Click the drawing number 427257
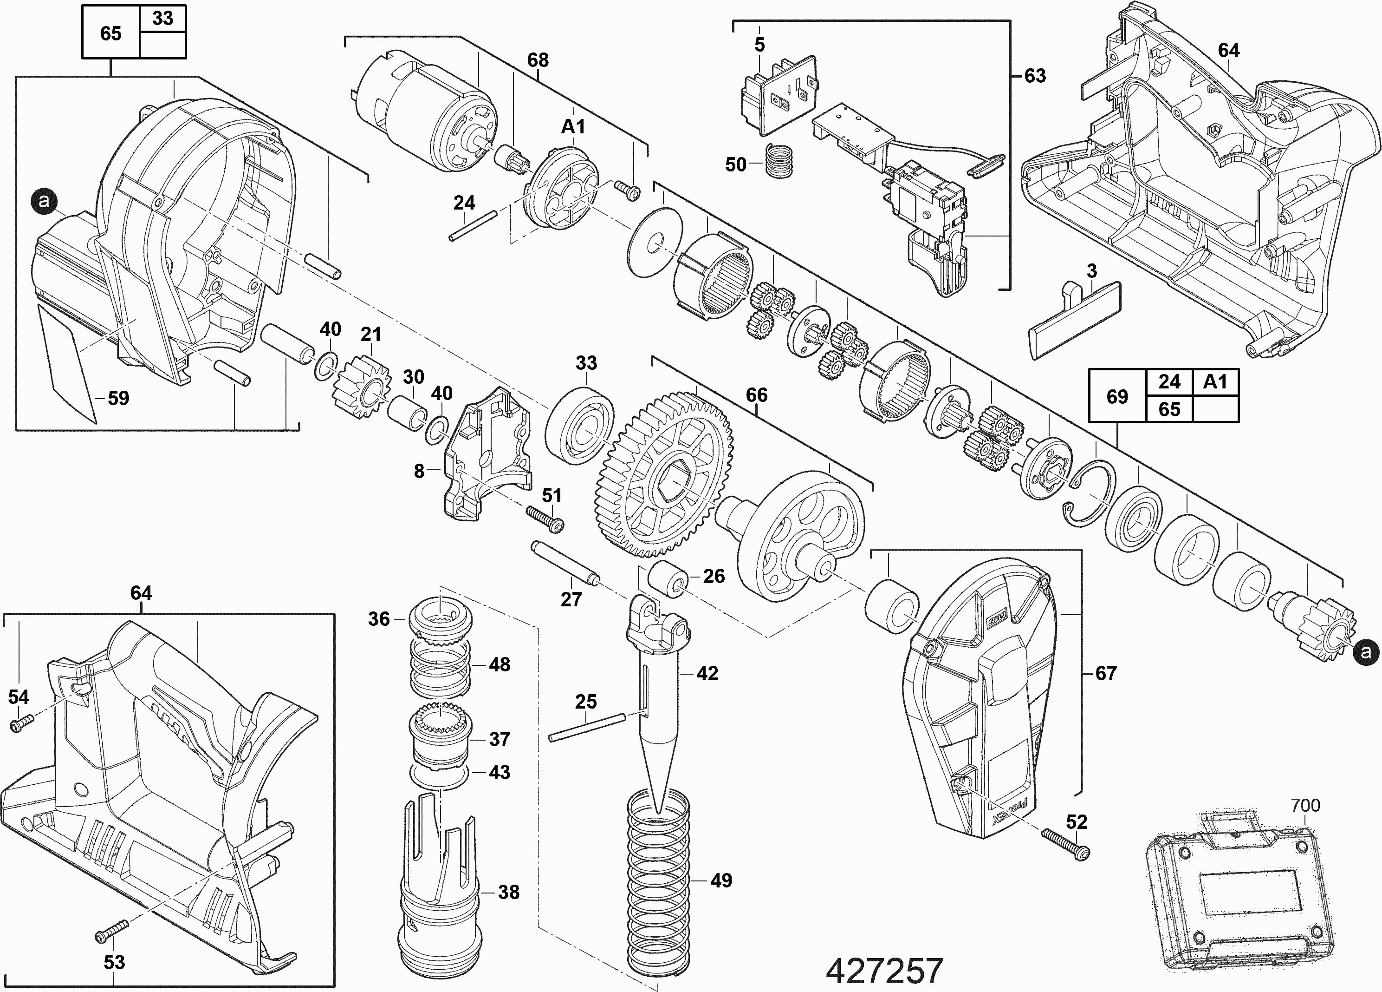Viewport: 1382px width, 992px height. (884, 970)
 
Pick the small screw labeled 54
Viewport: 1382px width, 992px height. (21, 724)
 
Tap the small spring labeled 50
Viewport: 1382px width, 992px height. (778, 162)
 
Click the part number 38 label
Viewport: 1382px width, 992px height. (508, 892)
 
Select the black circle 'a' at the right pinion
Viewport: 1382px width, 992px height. (1366, 652)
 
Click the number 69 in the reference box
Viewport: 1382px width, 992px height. (1116, 396)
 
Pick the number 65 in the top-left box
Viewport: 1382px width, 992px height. (110, 33)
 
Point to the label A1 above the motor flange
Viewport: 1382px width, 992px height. (573, 126)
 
